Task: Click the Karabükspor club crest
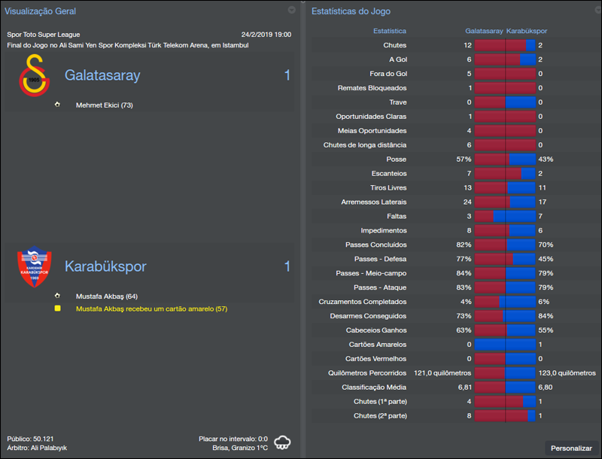tap(33, 268)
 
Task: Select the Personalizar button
tap(571, 448)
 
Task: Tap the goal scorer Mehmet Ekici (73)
tap(104, 105)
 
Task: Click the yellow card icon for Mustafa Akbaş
tap(57, 309)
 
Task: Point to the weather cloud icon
tap(283, 442)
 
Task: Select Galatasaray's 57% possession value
tap(463, 160)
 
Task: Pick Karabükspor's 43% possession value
tap(546, 160)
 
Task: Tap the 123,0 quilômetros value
tap(567, 373)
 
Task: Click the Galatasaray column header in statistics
tap(484, 32)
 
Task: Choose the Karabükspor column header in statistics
tap(527, 32)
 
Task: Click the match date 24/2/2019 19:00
tap(266, 35)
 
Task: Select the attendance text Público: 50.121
tap(30, 439)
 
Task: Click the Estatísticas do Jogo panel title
tap(351, 11)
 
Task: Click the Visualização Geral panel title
tap(41, 11)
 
